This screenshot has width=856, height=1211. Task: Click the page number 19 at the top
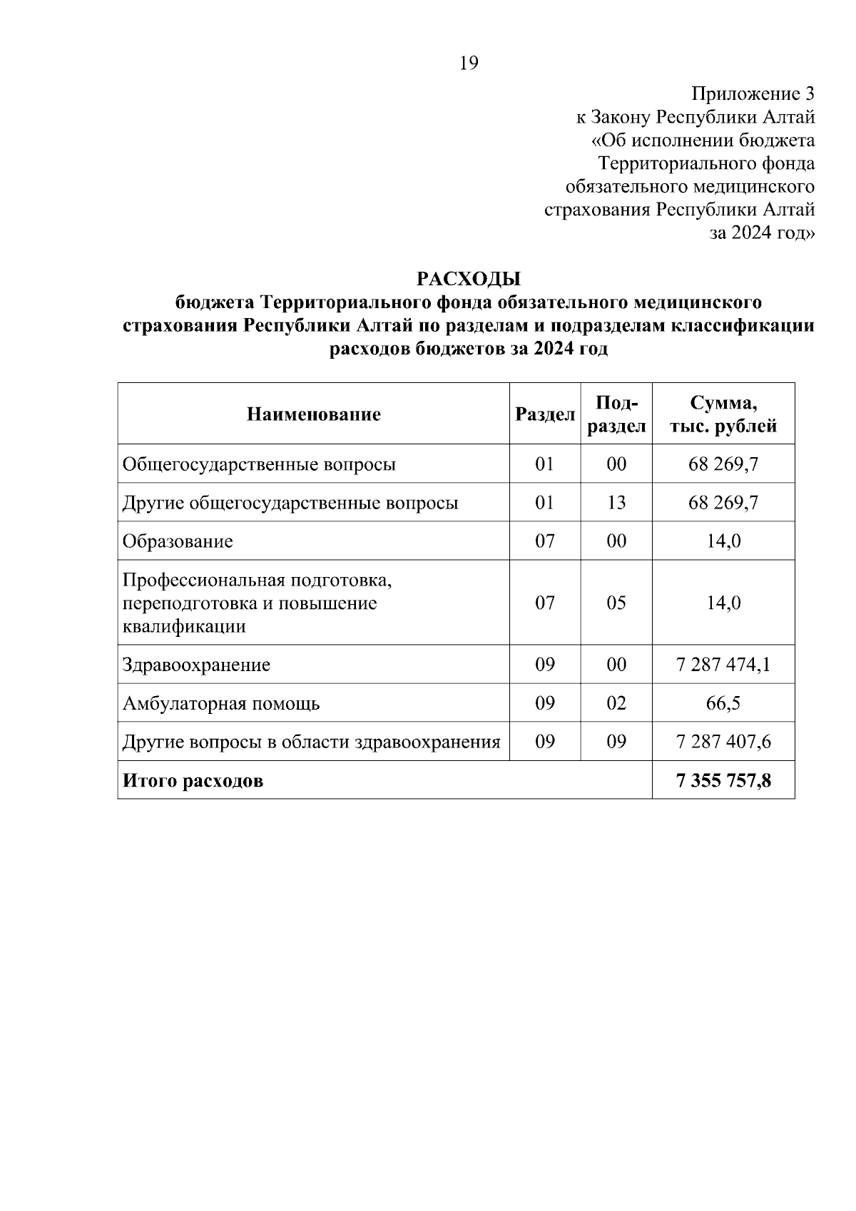[469, 63]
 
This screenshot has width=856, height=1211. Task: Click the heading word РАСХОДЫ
[469, 278]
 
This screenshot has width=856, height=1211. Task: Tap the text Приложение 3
[753, 93]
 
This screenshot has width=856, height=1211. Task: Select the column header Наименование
[314, 414]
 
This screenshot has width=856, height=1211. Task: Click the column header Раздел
[545, 414]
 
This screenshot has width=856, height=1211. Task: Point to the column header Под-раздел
[616, 414]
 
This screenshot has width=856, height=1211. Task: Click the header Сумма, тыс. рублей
[723, 414]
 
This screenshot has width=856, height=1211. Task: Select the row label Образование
[178, 541]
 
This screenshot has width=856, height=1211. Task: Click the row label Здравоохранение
[196, 665]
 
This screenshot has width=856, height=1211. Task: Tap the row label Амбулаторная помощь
[221, 703]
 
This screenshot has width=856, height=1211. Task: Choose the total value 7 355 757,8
[723, 780]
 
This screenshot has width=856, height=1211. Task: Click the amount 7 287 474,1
[723, 665]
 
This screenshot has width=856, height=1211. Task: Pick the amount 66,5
[723, 703]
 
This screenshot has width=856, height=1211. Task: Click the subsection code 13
[616, 502]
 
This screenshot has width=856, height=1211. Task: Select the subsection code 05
[616, 603]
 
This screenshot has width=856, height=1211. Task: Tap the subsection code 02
[616, 703]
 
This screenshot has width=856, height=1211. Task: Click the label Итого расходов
[193, 780]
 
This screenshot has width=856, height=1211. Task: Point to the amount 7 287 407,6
[723, 742]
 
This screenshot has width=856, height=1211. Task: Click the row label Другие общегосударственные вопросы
[290, 502]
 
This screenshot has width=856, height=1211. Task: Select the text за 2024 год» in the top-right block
[761, 233]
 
